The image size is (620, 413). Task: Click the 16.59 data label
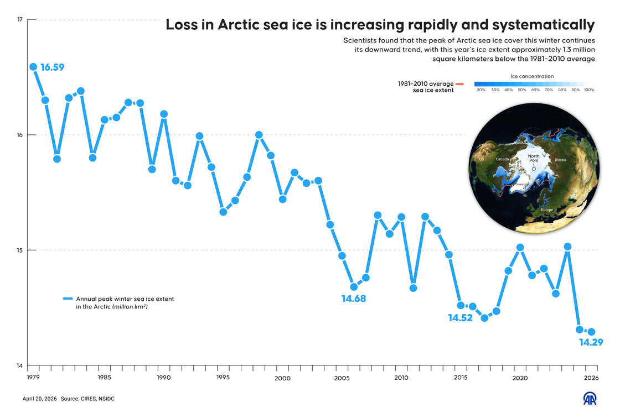[53, 68]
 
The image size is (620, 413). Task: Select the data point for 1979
[33, 67]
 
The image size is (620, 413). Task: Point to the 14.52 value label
[460, 318]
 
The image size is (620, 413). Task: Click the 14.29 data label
[591, 343]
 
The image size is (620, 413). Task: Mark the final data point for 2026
[591, 332]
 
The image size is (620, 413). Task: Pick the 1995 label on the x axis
[223, 378]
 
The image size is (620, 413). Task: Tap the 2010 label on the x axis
[401, 378]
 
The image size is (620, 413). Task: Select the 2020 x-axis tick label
[520, 378]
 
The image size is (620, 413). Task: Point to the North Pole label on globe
[534, 159]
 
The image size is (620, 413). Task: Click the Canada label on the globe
[502, 159]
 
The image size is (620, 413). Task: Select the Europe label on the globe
[546, 210]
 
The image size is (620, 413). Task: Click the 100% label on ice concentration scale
[589, 90]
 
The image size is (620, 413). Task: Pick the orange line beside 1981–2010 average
[459, 84]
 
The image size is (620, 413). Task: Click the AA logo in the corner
[591, 399]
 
